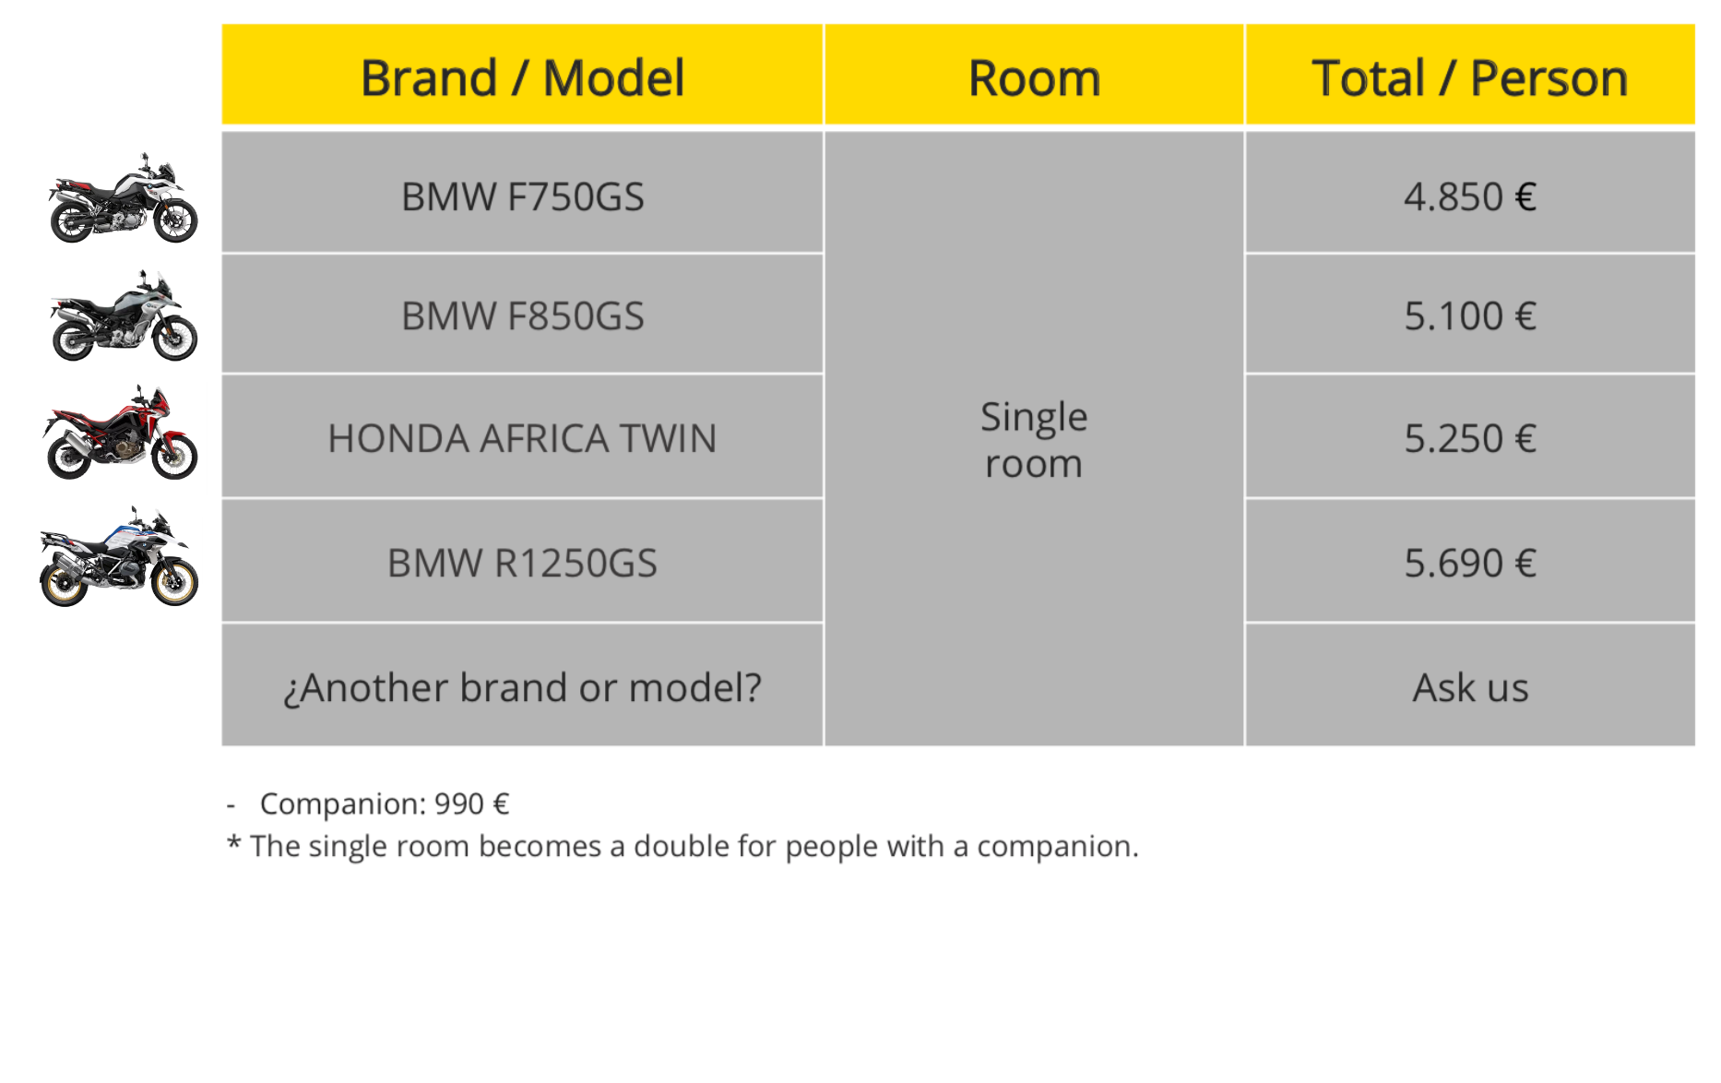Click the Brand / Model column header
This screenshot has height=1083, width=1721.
point(522,77)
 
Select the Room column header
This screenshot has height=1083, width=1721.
point(1034,77)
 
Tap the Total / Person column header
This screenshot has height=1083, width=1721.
point(1470,77)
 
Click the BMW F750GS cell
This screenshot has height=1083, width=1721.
point(522,196)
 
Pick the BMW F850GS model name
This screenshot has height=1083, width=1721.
point(522,315)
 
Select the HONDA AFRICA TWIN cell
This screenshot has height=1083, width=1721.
point(522,438)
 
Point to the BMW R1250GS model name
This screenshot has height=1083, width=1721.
point(522,563)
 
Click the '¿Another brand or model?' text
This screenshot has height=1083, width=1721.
point(522,688)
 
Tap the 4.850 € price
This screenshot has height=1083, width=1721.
point(1470,196)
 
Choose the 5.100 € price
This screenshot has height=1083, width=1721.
point(1470,315)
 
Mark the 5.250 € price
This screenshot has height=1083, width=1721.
point(1470,438)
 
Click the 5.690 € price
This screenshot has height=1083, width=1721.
point(1470,563)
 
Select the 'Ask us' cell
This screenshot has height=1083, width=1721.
point(1470,687)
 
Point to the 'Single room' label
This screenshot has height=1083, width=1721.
point(1034,440)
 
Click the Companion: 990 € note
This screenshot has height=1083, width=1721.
point(385,803)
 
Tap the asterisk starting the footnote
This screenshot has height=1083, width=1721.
point(234,842)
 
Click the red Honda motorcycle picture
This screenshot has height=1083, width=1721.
point(120,432)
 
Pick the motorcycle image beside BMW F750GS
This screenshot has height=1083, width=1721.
point(123,197)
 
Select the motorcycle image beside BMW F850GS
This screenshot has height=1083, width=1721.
point(124,315)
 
